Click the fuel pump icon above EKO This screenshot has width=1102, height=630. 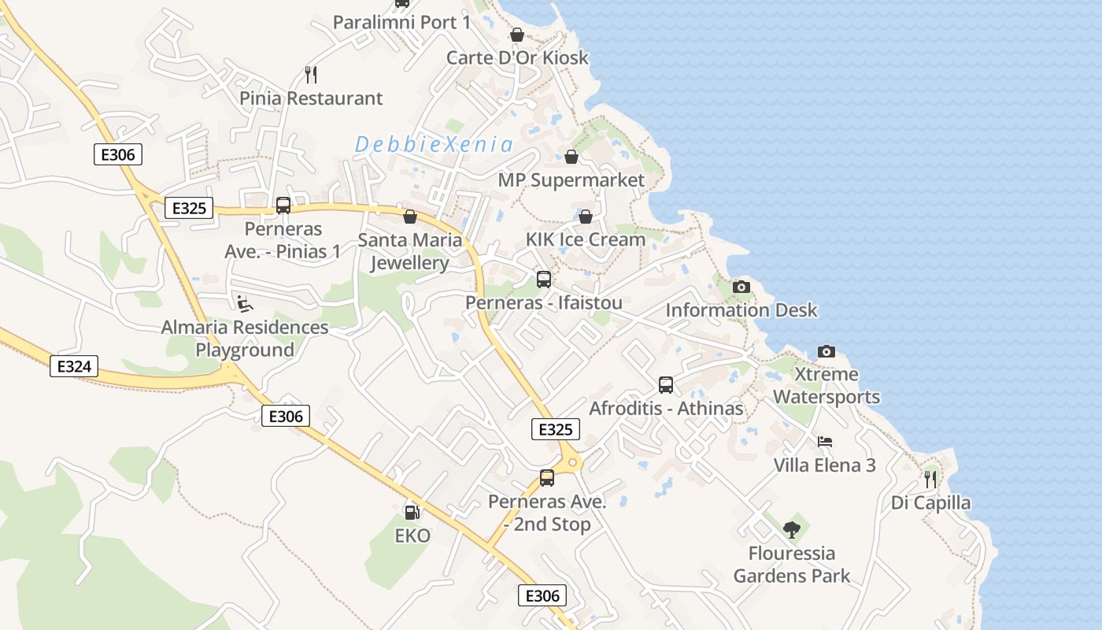412,513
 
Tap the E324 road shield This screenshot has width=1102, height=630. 74,366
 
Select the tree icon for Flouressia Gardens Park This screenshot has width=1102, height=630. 792,529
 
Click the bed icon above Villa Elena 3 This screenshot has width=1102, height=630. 824,442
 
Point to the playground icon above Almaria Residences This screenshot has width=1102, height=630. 245,303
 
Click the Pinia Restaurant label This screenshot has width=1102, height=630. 312,98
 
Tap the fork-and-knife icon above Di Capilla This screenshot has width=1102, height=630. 930,479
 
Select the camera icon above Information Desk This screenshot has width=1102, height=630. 741,287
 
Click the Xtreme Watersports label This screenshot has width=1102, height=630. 826,385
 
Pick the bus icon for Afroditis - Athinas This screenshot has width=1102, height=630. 666,385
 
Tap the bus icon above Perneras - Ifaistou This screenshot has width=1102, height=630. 544,279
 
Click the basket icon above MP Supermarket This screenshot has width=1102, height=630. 571,157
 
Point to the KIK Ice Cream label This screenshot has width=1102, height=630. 586,239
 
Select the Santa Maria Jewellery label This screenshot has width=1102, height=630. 409,251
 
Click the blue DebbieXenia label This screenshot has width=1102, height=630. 434,145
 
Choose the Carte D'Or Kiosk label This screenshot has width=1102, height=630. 517,57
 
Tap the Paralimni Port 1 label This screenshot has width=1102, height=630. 401,22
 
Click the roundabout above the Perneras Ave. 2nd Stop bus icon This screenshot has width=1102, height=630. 572,462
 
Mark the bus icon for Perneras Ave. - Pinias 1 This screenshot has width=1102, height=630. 283,206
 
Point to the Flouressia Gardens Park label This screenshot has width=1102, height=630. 792,564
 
